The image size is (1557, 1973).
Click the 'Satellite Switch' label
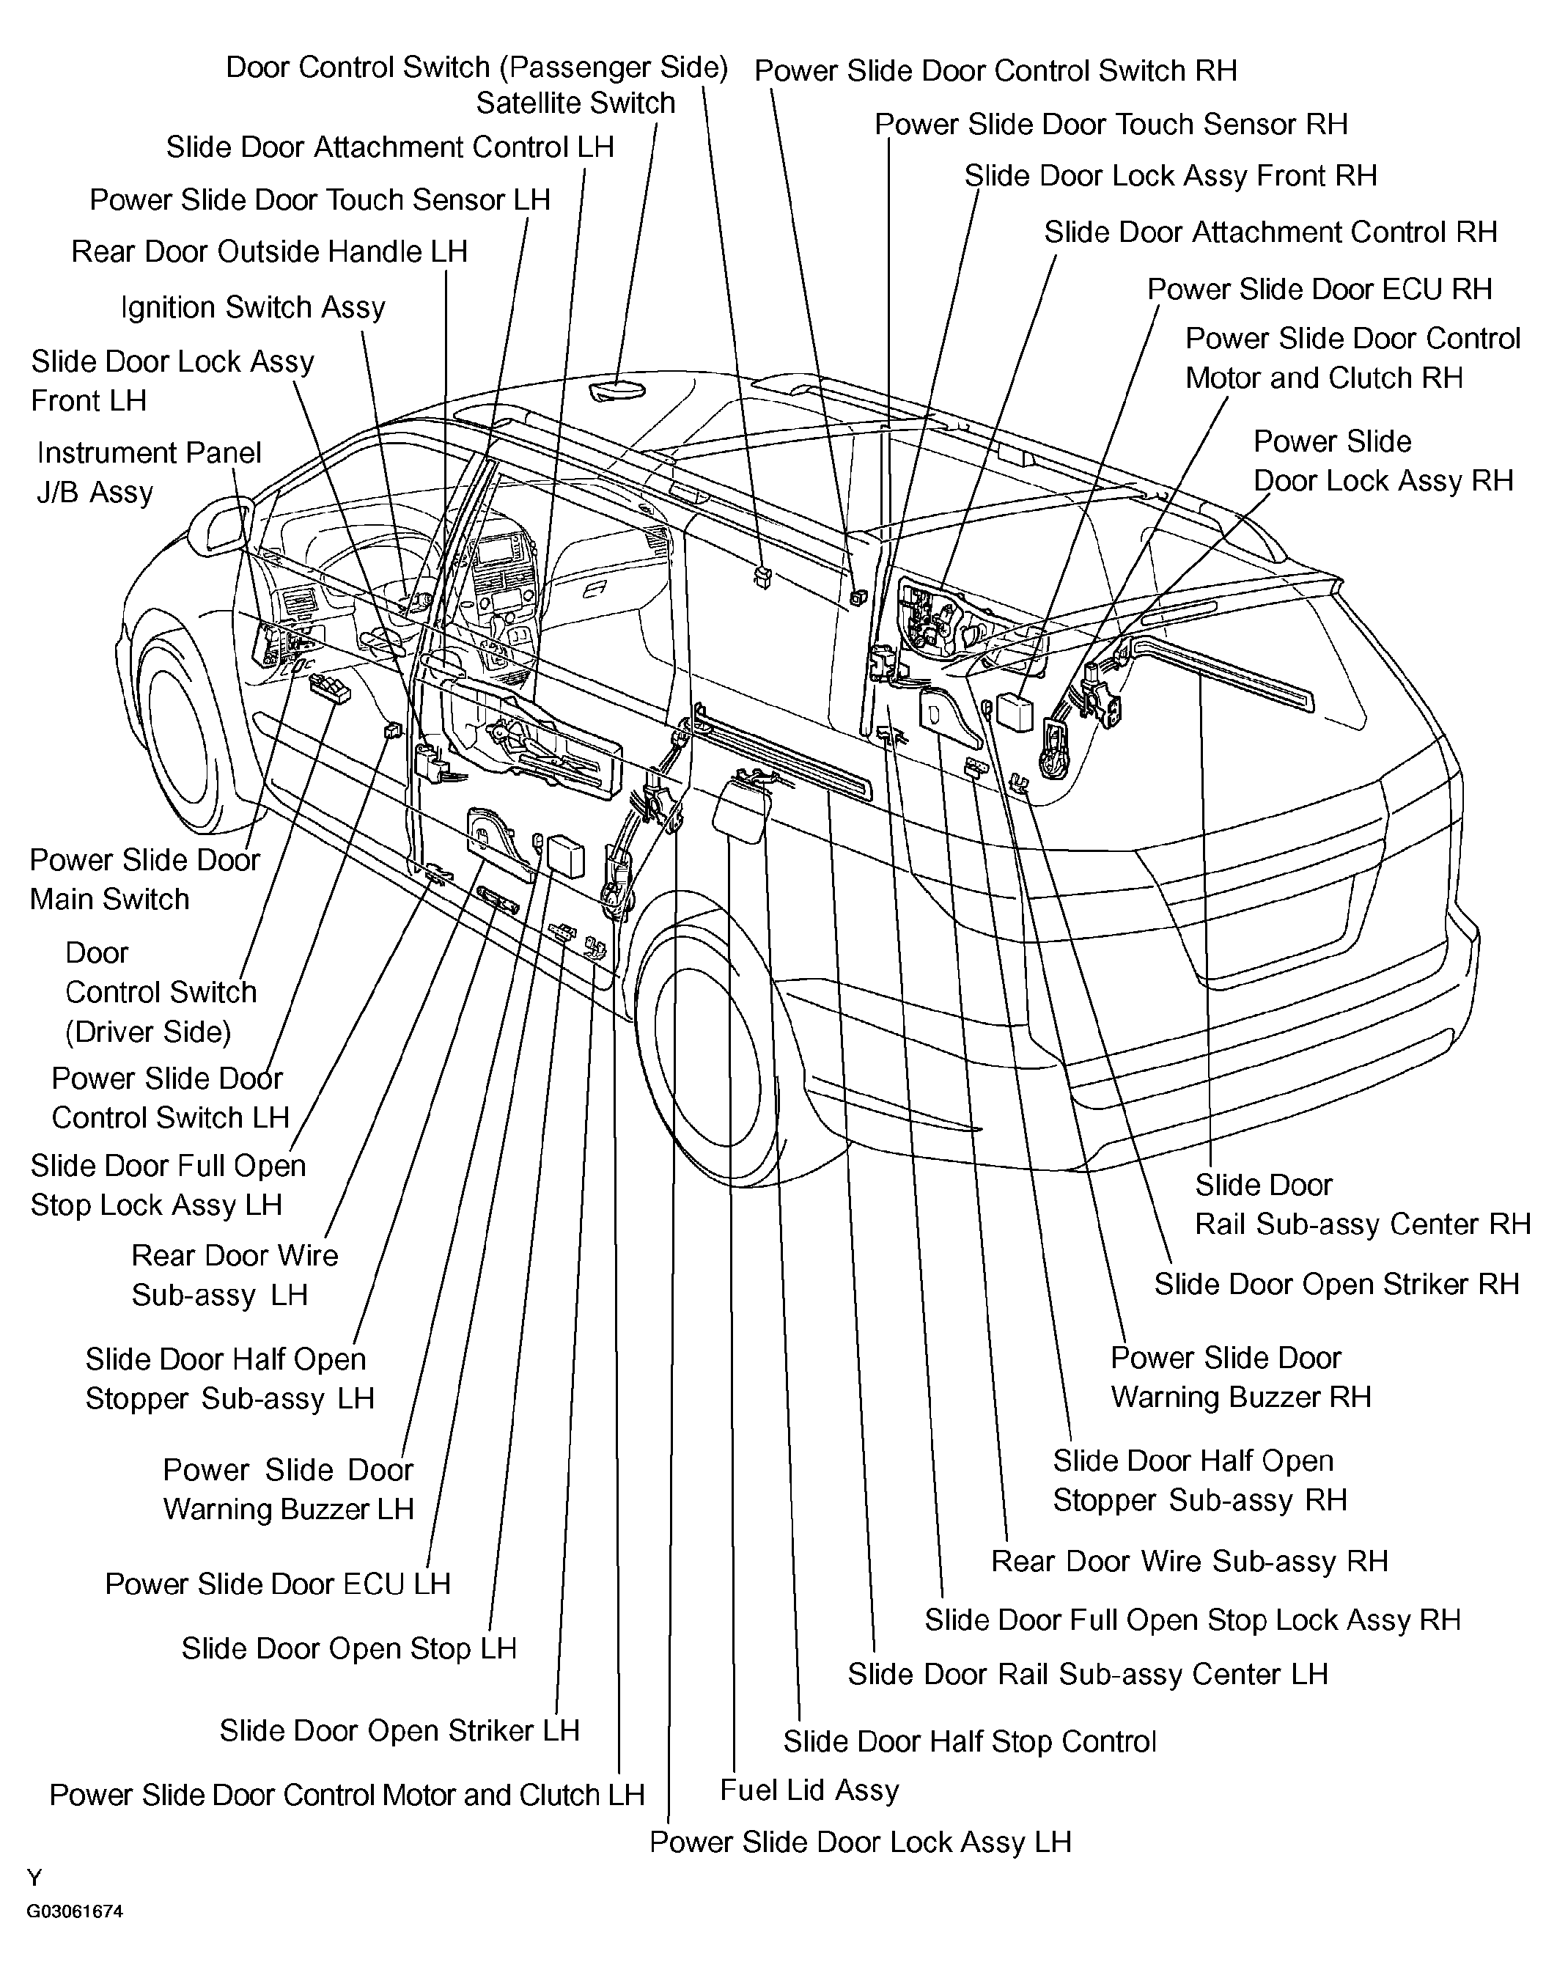click(575, 103)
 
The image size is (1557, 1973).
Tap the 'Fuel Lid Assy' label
click(809, 1790)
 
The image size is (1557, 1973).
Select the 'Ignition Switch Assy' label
click(254, 308)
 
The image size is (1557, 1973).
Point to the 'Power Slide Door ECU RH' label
click(1319, 289)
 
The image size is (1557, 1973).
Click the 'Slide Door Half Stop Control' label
click(969, 1741)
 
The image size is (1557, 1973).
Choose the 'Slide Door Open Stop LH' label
click(349, 1647)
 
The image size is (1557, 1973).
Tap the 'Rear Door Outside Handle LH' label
click(270, 251)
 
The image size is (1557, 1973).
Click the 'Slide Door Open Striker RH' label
click(1336, 1284)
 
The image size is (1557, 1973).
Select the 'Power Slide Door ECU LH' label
click(278, 1584)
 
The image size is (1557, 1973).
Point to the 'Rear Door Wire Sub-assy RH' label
click(1190, 1561)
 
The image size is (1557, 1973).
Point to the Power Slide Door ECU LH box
click(565, 856)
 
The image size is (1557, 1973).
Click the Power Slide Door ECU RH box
click(1015, 711)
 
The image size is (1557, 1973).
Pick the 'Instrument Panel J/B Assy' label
click(149, 472)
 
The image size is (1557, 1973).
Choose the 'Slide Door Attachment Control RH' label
click(1271, 232)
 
